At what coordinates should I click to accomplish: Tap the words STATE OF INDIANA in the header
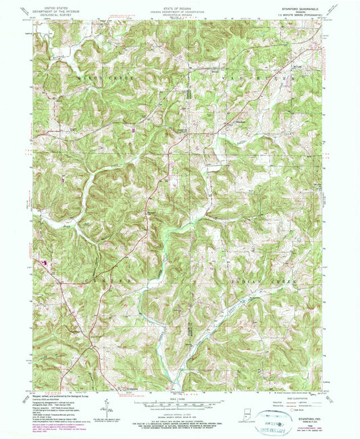click(x=180, y=5)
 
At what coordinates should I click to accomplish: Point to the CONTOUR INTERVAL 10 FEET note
click(x=180, y=411)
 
